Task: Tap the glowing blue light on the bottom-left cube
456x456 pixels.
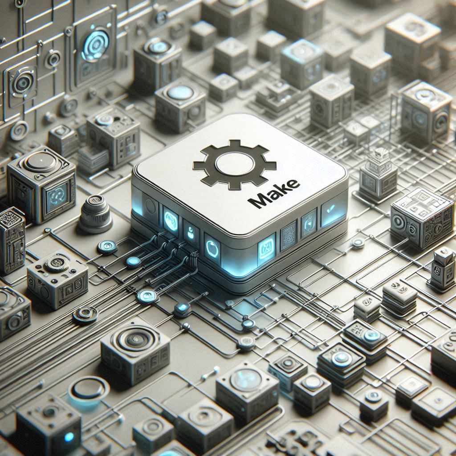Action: click(69, 437)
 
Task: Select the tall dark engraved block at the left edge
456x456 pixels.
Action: click(12, 240)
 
